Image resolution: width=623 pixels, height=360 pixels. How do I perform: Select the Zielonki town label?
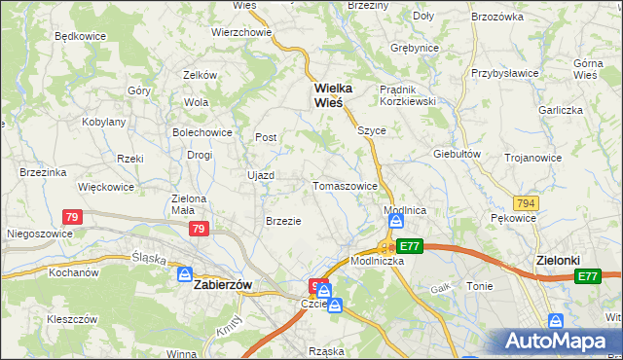pos(559,261)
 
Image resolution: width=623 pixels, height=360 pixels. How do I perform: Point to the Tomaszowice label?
pos(345,186)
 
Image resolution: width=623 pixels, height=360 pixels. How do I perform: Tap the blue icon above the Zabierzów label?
pos(185,275)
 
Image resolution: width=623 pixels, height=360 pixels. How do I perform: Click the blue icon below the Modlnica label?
pos(397,223)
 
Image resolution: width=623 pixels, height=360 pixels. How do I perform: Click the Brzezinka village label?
pos(42,172)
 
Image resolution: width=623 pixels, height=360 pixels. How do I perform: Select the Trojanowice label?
pos(532,158)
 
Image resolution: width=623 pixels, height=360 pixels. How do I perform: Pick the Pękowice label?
pos(514,219)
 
